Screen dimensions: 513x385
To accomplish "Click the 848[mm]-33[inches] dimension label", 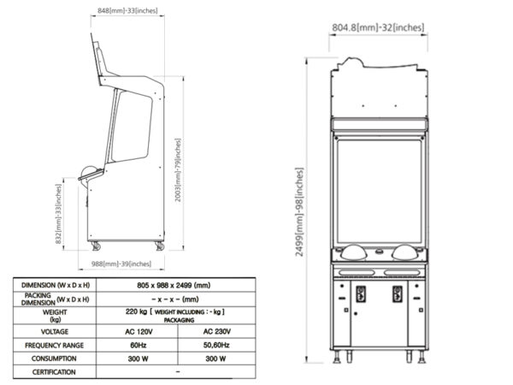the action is [127, 10].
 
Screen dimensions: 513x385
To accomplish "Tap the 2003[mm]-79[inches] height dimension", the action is [178, 170].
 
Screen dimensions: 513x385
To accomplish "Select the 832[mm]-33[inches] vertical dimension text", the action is [58, 214].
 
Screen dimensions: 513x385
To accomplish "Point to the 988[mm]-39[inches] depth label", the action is [121, 264].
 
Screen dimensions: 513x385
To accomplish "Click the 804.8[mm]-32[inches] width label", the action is [378, 27].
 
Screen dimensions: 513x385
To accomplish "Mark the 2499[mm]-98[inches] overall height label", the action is [300, 212].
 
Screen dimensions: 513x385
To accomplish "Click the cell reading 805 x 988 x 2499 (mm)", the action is [174, 285].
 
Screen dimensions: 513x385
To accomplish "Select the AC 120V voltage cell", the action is [139, 332].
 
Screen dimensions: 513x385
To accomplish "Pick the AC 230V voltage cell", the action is [217, 332].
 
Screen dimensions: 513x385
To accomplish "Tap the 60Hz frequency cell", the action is [139, 345].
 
